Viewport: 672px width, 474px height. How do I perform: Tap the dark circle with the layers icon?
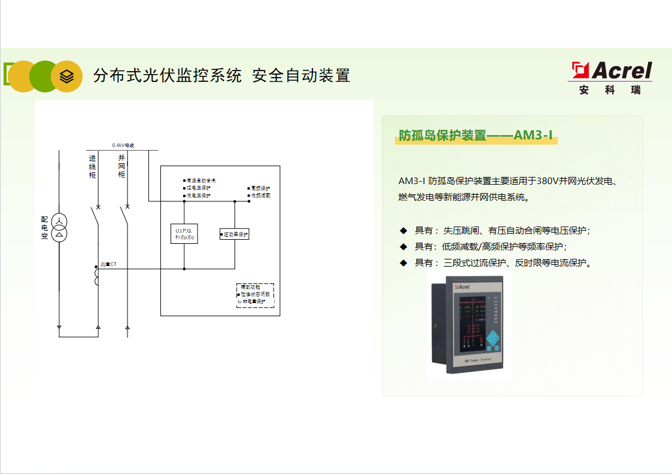66,77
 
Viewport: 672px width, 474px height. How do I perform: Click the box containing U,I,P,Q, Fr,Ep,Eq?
184,234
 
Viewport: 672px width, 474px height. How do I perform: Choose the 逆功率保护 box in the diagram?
235,234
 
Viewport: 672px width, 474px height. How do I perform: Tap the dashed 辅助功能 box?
255,295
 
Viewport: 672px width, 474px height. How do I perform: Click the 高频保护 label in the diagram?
260,188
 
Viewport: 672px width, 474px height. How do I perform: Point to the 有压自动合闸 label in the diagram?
200,180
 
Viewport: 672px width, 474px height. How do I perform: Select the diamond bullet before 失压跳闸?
403,231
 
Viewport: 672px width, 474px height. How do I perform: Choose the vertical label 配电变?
44,228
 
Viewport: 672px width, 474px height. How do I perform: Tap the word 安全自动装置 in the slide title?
300,76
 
